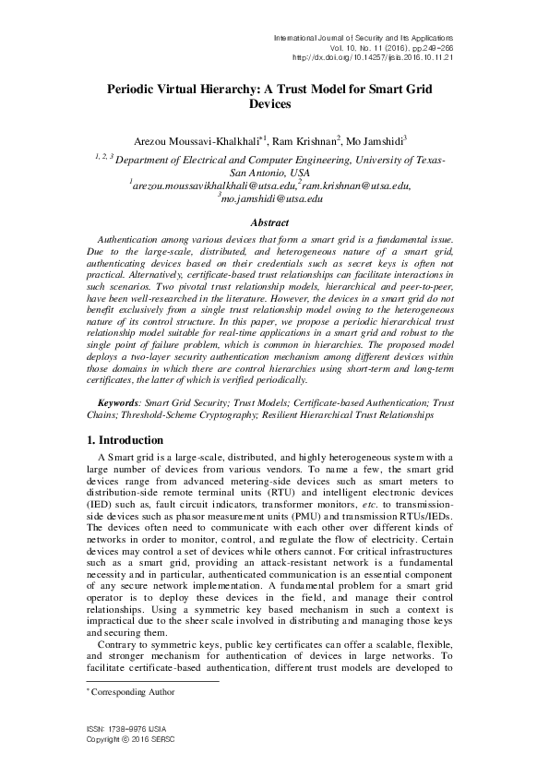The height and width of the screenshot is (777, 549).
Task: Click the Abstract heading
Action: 274,222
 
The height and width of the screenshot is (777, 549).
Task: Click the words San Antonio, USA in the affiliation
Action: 274,172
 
